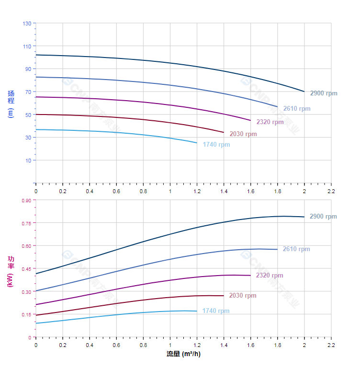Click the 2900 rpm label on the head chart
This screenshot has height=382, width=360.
pos(324,93)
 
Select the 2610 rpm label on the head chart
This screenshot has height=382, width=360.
pos(296,109)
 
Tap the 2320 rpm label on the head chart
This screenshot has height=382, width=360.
pos(270,122)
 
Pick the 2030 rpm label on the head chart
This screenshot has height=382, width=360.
pos(243,134)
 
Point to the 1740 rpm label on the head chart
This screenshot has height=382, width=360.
pos(216,145)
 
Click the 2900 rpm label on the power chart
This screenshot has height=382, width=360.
pos(323,217)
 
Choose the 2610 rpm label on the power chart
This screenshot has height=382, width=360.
pos(296,249)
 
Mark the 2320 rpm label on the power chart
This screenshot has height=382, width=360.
pos(270,276)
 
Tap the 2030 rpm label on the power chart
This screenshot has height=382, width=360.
pos(243,296)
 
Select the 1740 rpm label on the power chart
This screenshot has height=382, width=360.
pos(216,311)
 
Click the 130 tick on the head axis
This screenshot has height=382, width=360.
pos(26,23)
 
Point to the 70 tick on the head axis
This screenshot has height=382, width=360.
pos(28,92)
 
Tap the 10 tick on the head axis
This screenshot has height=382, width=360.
pos(28,161)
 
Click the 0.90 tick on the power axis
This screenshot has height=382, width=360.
pos(25,200)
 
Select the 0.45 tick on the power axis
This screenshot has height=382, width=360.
pos(25,269)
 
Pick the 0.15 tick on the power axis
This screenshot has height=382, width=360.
pos(25,314)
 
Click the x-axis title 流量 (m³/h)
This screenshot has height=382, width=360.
pos(183,354)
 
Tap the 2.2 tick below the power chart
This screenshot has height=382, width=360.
pos(331,345)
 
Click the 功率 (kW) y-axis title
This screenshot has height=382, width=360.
pos(11,271)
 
